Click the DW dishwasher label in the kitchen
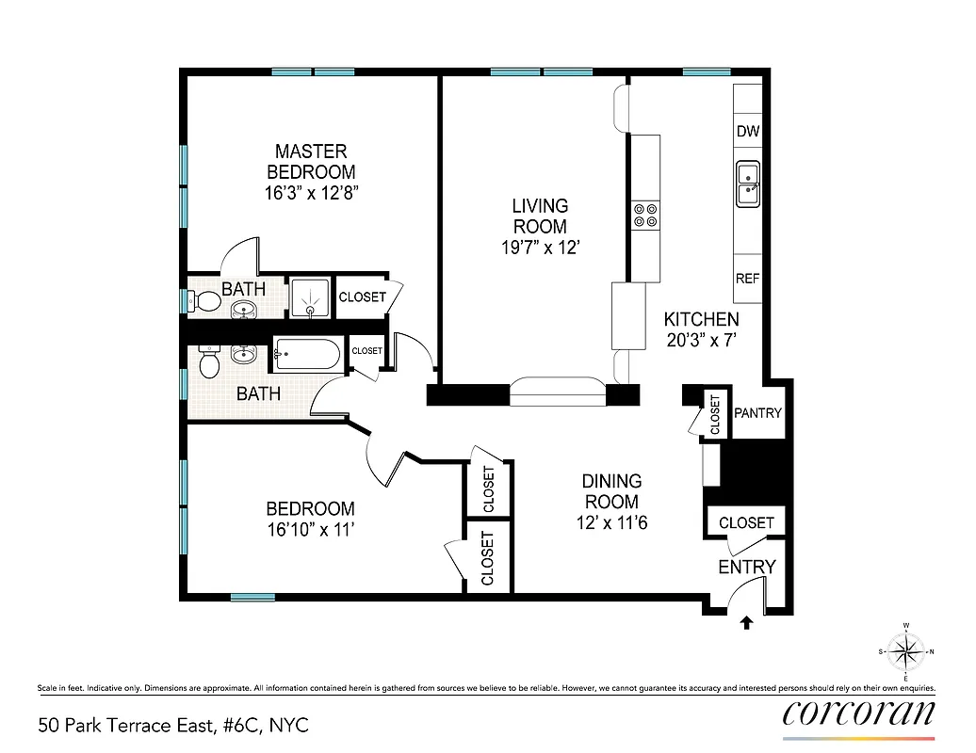tap(748, 131)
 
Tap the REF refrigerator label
tap(747, 280)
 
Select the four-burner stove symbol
tap(645, 216)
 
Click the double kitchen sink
tap(748, 183)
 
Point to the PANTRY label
tap(757, 412)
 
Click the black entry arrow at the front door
tap(747, 621)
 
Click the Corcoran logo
tap(859, 712)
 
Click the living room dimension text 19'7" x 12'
tap(540, 248)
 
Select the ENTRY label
tap(747, 567)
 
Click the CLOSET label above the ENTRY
tap(746, 522)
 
